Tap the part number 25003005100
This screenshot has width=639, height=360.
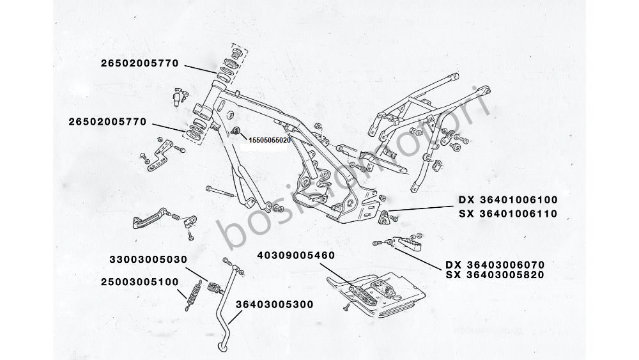pos(139,281)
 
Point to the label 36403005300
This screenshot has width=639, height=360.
pos(275,304)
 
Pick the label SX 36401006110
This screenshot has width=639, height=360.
pos(508,214)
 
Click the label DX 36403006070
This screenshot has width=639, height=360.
pos(495,263)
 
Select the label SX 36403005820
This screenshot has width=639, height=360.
pos(495,276)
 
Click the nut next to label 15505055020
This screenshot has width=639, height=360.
pos(237,132)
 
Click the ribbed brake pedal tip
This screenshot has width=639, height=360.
pos(141,223)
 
